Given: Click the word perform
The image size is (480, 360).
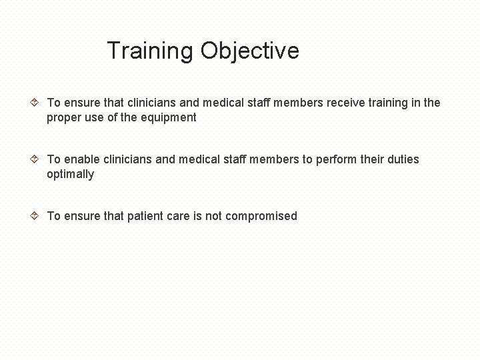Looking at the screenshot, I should pyautogui.click(x=339, y=159).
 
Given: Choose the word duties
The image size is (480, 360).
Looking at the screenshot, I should pyautogui.click(x=402, y=159).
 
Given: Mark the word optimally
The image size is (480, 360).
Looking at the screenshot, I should pyautogui.click(x=70, y=175).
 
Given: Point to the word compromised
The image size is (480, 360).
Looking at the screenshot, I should pyautogui.click(x=261, y=216).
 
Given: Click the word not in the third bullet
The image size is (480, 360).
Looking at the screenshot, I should pyautogui.click(x=213, y=216).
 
